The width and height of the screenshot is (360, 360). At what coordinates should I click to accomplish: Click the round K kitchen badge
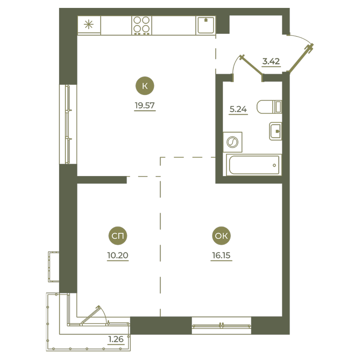(x=145, y=86)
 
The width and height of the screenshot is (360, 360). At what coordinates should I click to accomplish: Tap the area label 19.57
(x=145, y=105)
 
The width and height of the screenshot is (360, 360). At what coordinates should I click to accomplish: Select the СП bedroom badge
(x=118, y=236)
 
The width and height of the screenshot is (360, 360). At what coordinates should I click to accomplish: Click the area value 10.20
(x=118, y=255)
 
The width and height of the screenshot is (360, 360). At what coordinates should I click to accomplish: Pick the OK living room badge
(x=221, y=236)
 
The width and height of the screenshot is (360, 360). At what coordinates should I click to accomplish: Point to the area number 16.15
(x=221, y=255)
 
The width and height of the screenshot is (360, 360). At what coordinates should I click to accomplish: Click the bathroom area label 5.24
(x=238, y=109)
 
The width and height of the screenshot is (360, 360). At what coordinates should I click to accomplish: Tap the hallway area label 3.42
(x=271, y=61)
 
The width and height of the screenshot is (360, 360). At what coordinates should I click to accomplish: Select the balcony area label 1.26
(x=116, y=339)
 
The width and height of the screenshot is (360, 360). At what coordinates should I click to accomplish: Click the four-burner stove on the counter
(x=141, y=26)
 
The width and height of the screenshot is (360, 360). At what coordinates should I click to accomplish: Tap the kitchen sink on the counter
(x=206, y=25)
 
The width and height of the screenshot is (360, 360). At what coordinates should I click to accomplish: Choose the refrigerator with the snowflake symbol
(x=89, y=25)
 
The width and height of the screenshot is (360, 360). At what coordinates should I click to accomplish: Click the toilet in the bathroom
(x=269, y=107)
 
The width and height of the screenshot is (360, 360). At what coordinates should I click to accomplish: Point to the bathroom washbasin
(x=275, y=131)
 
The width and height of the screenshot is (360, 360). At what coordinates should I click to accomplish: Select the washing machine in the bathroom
(x=233, y=142)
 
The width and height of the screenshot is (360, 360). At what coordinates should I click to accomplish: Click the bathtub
(x=254, y=165)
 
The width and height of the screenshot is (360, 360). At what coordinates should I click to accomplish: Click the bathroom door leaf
(x=252, y=65)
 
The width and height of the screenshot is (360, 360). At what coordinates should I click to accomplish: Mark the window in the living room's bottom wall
(x=221, y=325)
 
